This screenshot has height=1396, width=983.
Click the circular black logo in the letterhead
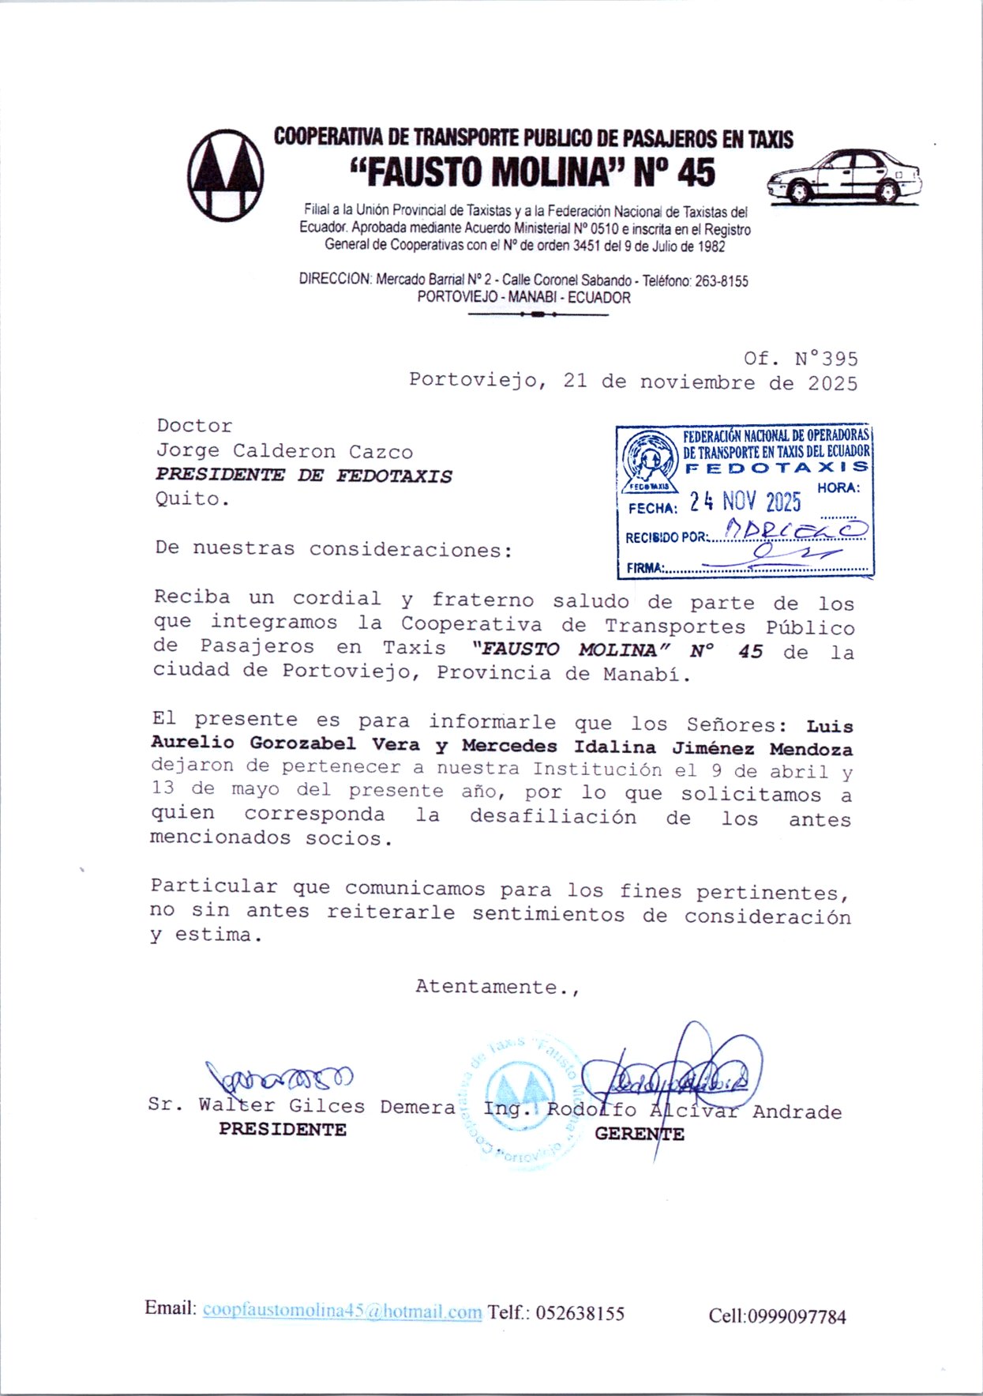point(226,175)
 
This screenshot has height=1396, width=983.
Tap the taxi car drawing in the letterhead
point(844,177)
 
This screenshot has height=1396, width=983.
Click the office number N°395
point(826,359)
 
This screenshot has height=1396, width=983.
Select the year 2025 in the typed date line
point(832,384)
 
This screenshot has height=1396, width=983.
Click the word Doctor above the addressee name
point(194,426)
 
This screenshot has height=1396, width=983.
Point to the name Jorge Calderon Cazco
point(284,452)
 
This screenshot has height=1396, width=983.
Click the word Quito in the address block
point(192,499)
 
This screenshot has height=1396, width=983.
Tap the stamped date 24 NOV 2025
point(745,502)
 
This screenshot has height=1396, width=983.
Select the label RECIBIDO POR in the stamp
point(666,538)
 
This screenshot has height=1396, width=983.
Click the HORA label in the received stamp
point(839,488)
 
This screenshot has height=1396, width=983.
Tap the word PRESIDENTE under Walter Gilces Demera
point(283,1130)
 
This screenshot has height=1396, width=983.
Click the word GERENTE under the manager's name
point(639,1134)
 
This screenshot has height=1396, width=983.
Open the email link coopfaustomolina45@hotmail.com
point(342,1311)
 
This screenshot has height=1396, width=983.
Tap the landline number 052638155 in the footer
point(580,1313)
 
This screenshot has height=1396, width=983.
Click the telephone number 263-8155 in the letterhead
point(721,281)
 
